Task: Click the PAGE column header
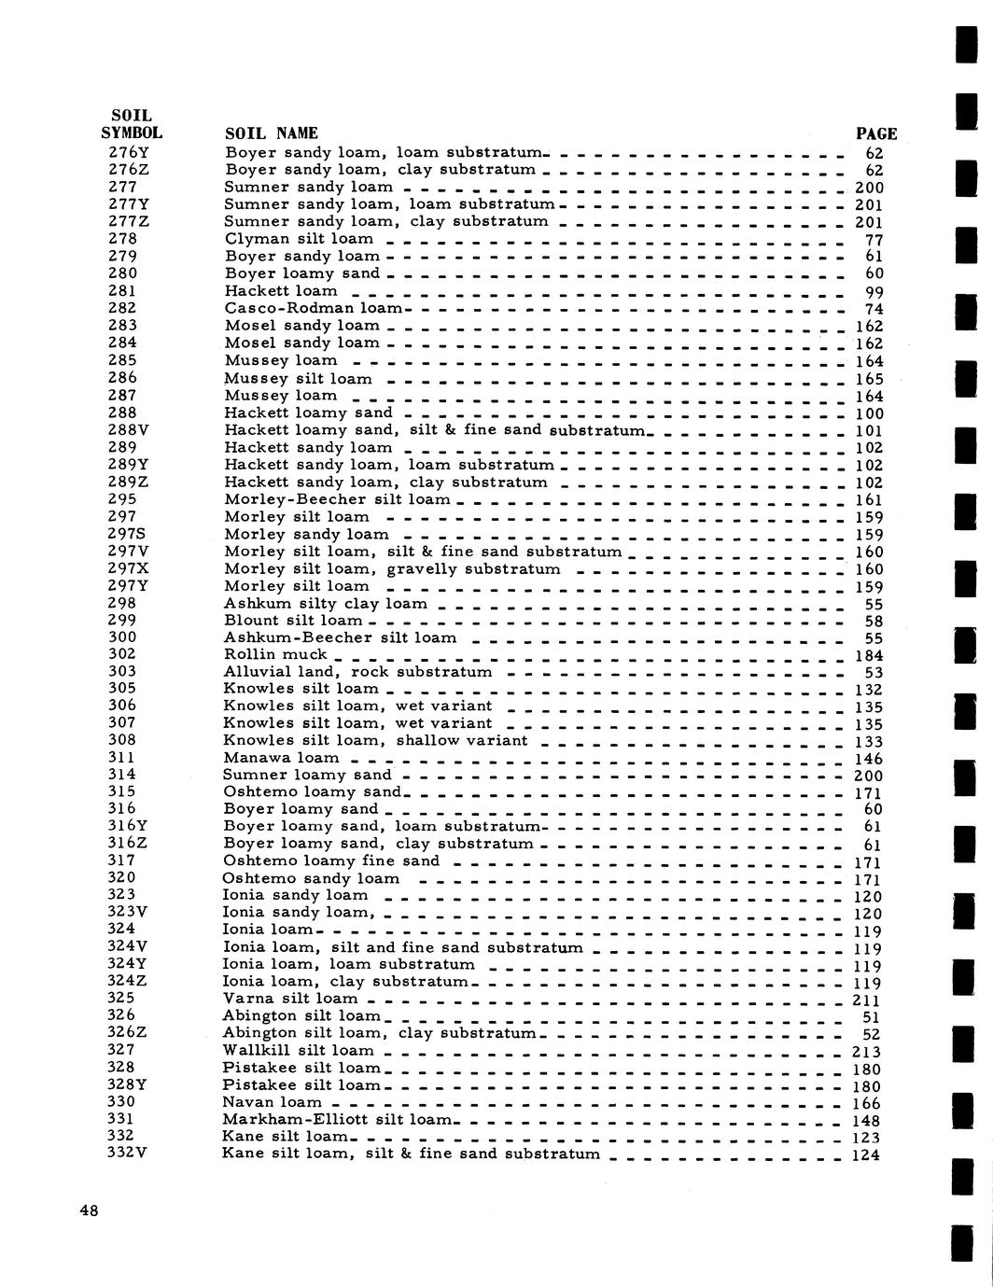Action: (875, 133)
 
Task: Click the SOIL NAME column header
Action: (272, 133)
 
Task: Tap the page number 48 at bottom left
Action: (89, 1210)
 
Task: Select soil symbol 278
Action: (122, 238)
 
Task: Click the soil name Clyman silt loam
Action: (299, 238)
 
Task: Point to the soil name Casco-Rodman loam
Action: (314, 307)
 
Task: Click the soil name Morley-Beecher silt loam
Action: (338, 499)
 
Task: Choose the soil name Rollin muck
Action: (275, 654)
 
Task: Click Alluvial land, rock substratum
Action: (357, 672)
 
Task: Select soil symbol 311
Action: (122, 757)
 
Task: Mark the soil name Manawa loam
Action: (281, 758)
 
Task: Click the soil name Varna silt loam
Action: (290, 999)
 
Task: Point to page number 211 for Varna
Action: (868, 1000)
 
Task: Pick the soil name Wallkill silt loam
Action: (298, 1050)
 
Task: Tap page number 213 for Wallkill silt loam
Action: (868, 1052)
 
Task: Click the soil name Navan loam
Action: (272, 1102)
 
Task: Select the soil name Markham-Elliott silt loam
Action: (336, 1119)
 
